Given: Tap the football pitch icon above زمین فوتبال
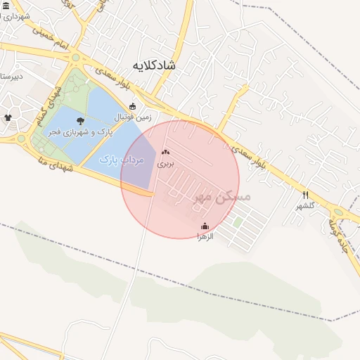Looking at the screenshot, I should tap(132, 106).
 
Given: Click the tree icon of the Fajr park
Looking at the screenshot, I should tap(79, 121).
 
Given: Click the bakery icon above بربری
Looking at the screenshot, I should tap(165, 152).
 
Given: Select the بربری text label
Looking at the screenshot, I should tap(165, 163).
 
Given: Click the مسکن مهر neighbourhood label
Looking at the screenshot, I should tap(222, 198).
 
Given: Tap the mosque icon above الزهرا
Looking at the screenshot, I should tap(205, 226).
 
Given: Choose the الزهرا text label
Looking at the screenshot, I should tap(204, 236).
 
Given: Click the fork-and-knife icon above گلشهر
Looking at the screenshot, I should tap(305, 195).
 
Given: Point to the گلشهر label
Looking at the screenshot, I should tap(305, 205).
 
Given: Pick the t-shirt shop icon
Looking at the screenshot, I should tap(8, 117).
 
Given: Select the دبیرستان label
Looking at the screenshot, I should tap(12, 75).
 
